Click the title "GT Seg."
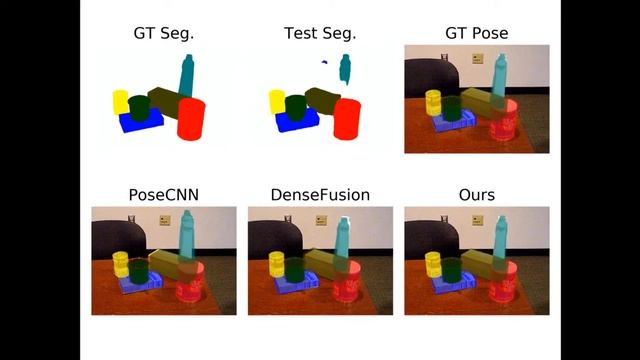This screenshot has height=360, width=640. [x=164, y=34]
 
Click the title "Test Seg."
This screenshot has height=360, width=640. [x=320, y=34]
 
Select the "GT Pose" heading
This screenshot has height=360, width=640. [x=476, y=34]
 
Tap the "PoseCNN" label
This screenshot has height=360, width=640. [x=164, y=194]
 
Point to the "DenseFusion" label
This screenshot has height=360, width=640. [x=320, y=194]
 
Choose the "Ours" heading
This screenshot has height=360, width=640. [x=476, y=194]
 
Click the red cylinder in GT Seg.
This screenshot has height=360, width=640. [x=191, y=119]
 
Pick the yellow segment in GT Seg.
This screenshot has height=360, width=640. [x=120, y=101]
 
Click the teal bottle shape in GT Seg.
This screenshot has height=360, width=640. [x=186, y=75]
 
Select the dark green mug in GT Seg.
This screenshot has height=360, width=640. [x=138, y=106]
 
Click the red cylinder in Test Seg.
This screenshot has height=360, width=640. [x=347, y=119]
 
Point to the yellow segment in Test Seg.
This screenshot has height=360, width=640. [x=275, y=101]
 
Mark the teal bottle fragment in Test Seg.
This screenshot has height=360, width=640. [x=346, y=68]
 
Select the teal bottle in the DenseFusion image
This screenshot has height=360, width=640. [x=341, y=240]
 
